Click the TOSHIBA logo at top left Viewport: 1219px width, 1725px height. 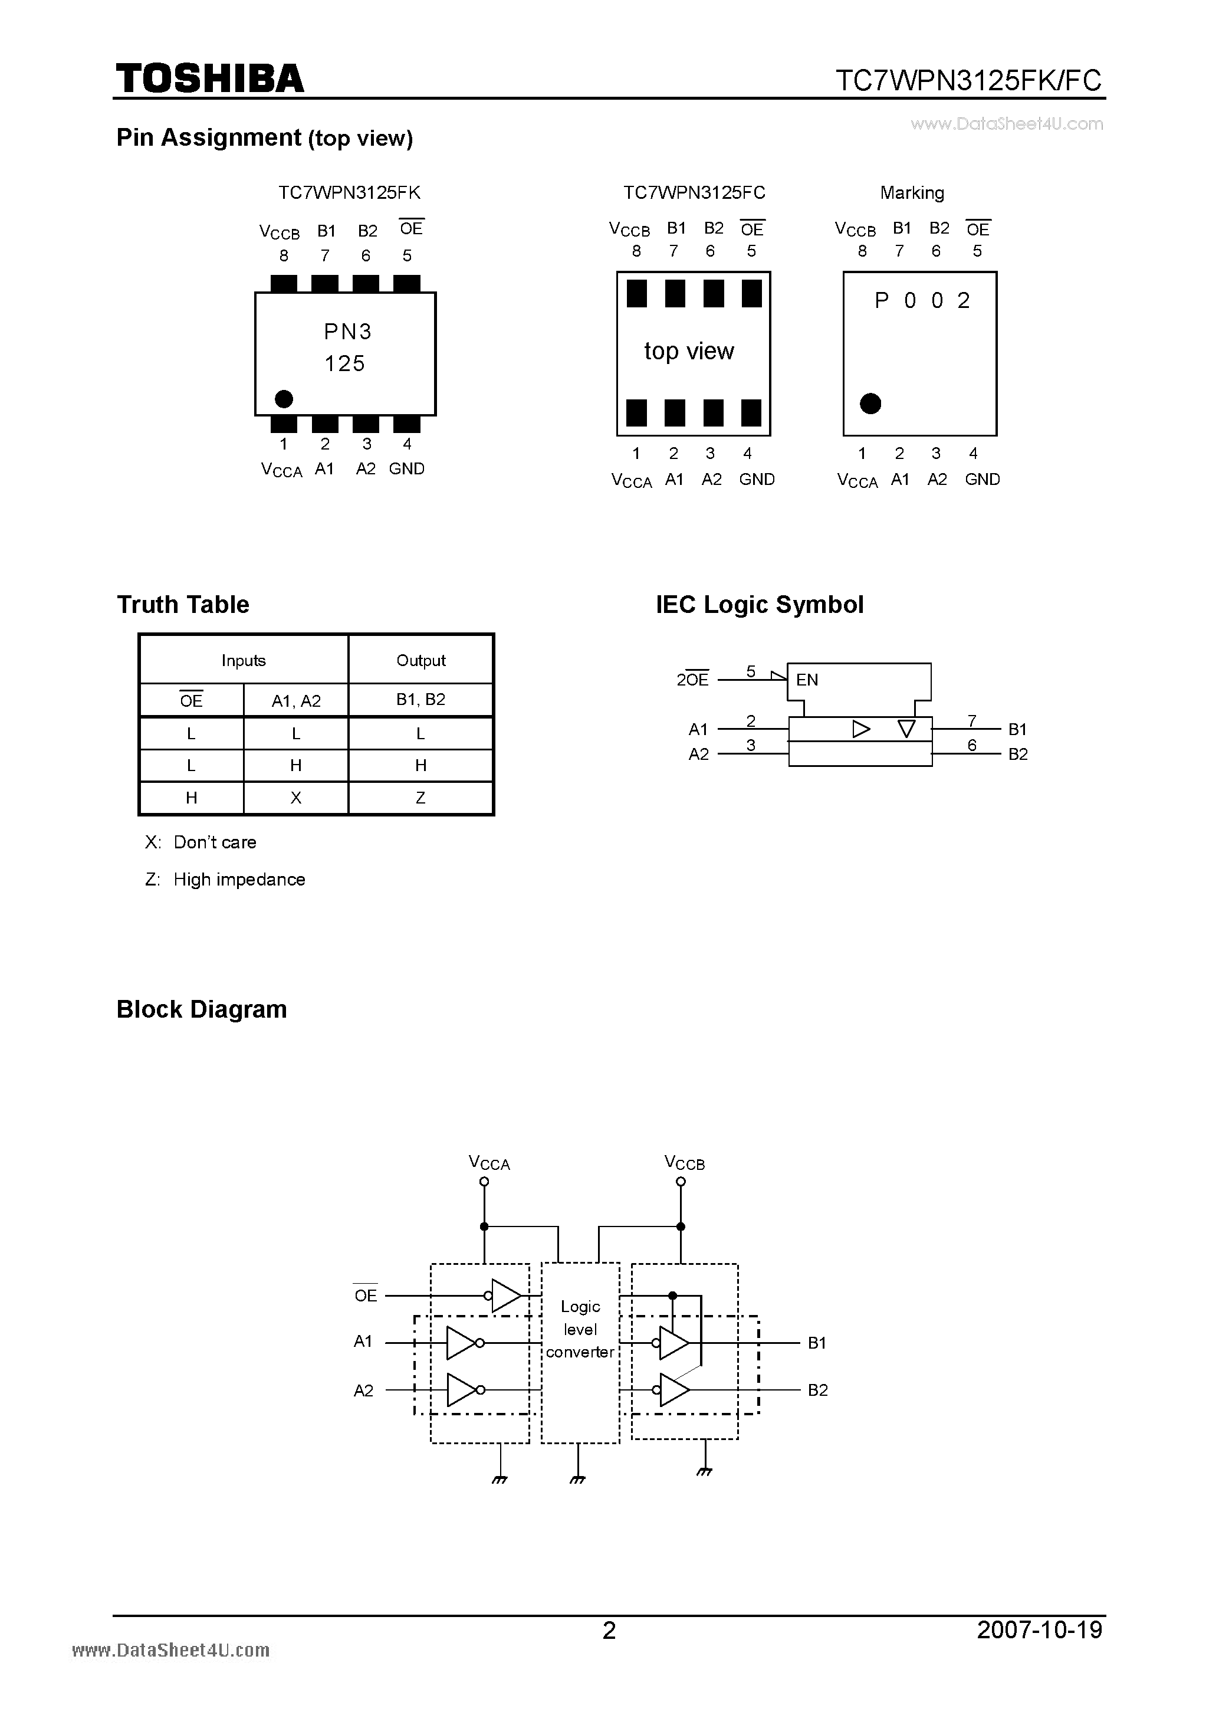209,78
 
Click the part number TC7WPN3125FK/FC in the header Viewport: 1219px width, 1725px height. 968,80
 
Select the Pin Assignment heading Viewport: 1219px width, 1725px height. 264,137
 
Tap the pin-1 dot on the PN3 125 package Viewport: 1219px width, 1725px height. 284,398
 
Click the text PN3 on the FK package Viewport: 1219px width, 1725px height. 347,332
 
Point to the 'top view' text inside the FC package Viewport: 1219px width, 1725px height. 689,351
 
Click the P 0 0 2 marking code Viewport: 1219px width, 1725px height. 922,300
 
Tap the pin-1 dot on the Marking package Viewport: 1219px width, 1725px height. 870,404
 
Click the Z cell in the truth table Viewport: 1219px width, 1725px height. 420,798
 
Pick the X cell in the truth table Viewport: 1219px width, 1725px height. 296,798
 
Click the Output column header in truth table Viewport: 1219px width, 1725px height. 420,660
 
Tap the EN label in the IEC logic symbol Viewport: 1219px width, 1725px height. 807,680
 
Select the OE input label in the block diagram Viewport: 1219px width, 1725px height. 366,1296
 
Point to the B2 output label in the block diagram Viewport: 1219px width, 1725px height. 817,1390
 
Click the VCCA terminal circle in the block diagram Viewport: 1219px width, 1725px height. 484,1182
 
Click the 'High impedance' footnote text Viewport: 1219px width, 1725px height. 239,879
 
